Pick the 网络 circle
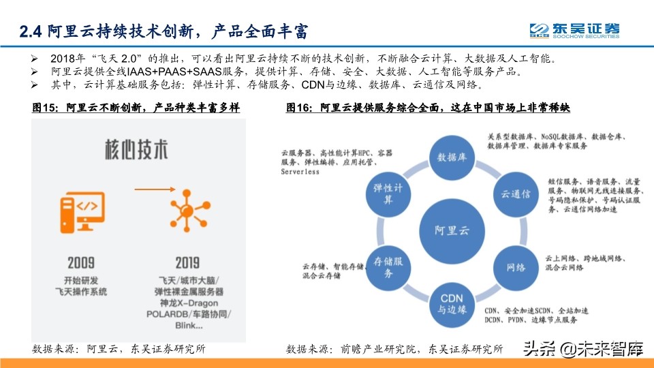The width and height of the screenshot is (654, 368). (x=516, y=266)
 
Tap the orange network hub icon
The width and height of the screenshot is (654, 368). (x=186, y=211)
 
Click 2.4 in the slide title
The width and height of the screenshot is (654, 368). (x=30, y=31)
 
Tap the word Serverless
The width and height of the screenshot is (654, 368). (x=300, y=172)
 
